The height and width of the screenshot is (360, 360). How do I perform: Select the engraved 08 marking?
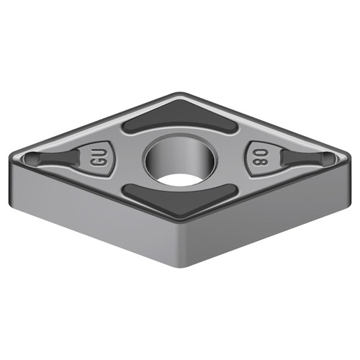point(261,157)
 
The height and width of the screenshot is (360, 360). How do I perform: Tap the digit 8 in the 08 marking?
point(261,163)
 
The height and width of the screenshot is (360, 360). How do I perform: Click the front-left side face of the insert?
point(94,216)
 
